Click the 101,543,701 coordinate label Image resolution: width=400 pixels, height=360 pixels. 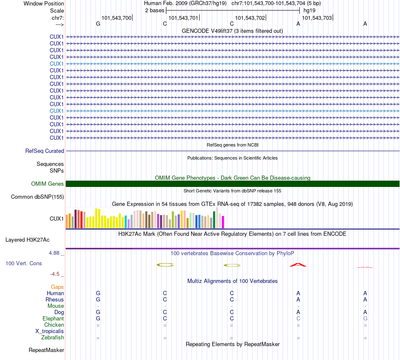tap(183, 18)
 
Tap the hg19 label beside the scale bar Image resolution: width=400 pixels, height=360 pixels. tap(309, 10)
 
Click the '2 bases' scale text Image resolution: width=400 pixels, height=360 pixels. tap(155, 10)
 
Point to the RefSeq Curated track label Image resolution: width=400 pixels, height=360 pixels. tap(45, 151)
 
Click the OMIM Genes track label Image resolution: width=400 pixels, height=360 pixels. tap(48, 184)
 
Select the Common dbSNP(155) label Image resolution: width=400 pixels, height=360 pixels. tap(37, 197)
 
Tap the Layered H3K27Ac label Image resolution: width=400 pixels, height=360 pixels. tap(27, 240)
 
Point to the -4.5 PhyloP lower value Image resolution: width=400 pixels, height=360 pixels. tap(55, 274)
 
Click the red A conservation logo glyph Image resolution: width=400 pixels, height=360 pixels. tap(298, 265)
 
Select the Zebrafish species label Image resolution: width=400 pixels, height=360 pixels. tap(53, 338)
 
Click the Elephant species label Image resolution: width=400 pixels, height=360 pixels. tap(53, 319)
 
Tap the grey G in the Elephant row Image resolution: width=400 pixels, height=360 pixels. tap(365, 319)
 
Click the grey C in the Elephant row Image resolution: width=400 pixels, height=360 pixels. tap(298, 319)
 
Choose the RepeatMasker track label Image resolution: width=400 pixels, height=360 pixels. tap(46, 350)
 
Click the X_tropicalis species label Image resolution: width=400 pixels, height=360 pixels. tap(50, 331)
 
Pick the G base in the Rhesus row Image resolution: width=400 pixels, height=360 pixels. tap(98, 299)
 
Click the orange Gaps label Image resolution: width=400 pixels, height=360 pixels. tap(57, 287)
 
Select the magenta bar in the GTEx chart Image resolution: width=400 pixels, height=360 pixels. tap(223, 222)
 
